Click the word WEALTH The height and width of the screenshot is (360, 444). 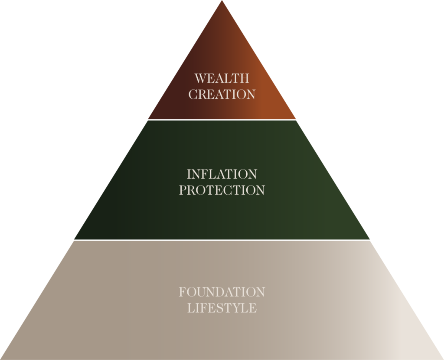222,79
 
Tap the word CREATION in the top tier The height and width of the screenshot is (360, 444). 222,94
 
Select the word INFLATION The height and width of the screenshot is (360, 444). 222,174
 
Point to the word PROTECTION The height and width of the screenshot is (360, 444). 222,190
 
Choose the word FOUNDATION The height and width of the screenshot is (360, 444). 222,292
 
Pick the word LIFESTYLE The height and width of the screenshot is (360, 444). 222,308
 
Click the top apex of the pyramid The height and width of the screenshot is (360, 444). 222,1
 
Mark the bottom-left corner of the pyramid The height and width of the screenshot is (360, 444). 1,359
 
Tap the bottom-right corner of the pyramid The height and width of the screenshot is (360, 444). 442,359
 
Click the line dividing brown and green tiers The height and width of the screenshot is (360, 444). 222,120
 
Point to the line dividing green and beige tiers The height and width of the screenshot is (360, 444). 222,240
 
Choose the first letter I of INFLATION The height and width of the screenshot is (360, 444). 189,174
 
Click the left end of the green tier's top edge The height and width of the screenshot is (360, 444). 148,120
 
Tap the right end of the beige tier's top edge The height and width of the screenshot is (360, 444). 370,240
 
